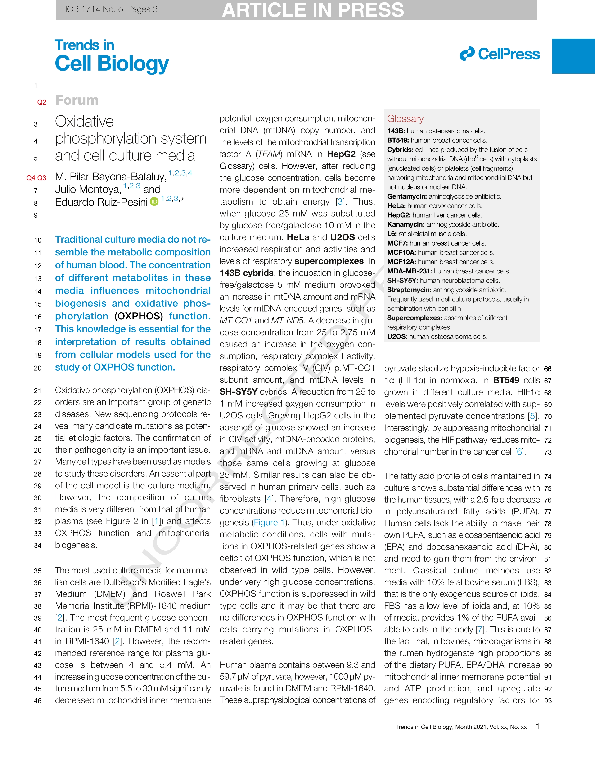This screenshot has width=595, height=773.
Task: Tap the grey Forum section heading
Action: coord(77,100)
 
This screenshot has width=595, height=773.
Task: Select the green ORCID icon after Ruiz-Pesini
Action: coord(154,202)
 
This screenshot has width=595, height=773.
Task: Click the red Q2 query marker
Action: coord(42,102)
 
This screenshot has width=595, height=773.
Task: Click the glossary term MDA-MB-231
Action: coord(409,271)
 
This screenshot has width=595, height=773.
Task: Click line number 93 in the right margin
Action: coord(548,701)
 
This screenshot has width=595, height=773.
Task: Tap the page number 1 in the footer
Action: coord(538,726)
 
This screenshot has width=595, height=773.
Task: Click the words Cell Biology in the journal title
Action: coord(112,64)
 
